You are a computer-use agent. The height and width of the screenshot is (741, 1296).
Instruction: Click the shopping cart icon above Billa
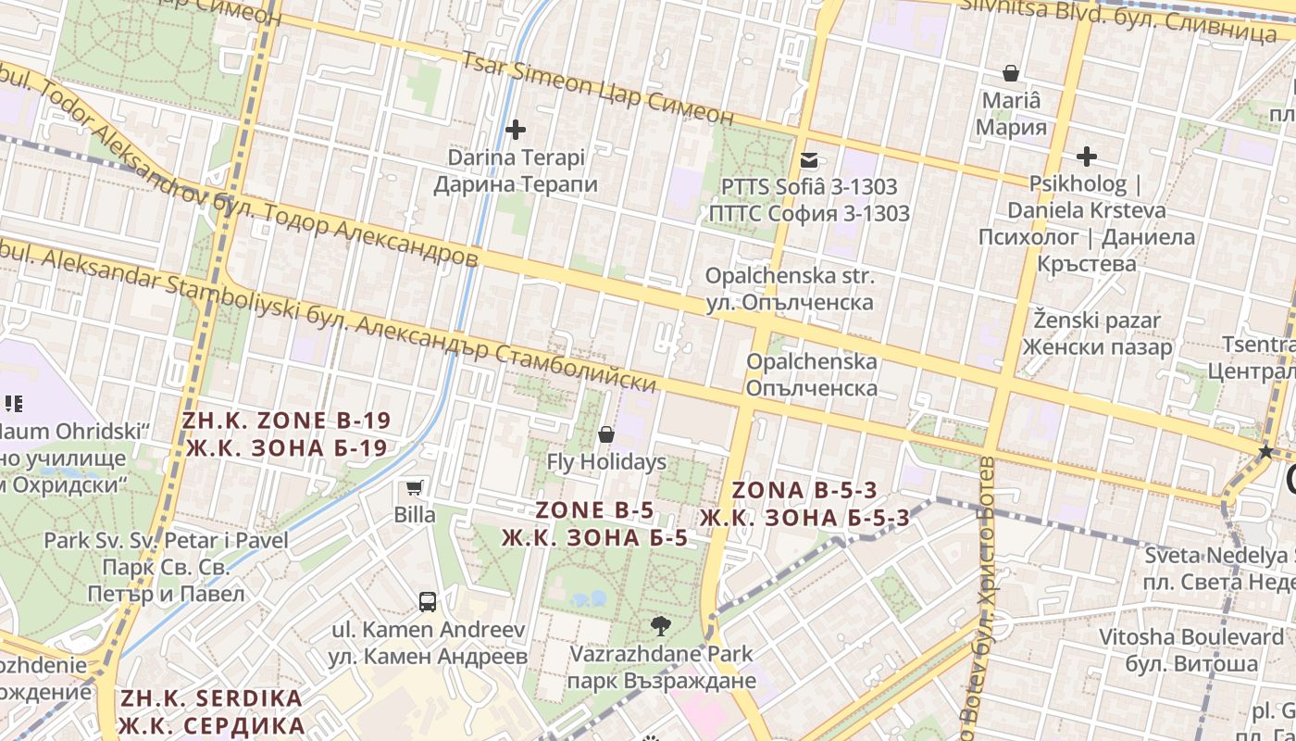(415, 487)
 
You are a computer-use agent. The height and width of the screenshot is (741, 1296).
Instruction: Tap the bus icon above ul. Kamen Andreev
(428, 602)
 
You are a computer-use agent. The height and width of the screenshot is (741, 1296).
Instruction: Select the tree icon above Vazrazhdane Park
(661, 626)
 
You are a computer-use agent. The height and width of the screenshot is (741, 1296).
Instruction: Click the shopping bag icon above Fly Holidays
(606, 433)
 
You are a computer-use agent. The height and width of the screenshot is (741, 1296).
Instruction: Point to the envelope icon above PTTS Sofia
(809, 159)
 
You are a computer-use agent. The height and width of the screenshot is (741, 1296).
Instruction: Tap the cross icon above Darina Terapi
(516, 130)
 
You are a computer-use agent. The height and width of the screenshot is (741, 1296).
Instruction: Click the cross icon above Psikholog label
(1087, 157)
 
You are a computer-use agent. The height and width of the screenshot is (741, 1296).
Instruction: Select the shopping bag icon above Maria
(1012, 72)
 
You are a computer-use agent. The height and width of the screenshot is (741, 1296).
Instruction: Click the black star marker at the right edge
(1265, 452)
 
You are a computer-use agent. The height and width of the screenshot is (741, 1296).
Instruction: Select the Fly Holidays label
(606, 461)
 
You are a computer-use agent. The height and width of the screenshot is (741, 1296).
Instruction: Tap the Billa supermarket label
(415, 514)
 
